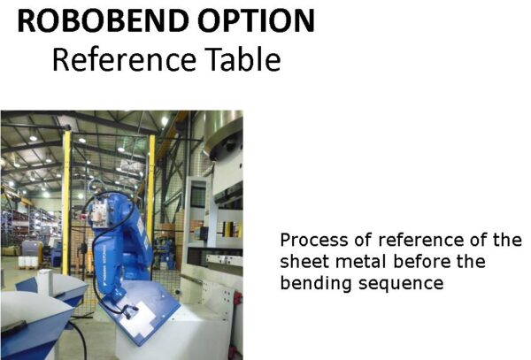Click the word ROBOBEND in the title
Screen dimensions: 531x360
(x=103, y=20)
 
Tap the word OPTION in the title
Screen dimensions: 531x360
(x=257, y=20)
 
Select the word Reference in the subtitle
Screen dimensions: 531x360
(x=124, y=59)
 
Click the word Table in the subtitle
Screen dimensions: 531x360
(x=244, y=59)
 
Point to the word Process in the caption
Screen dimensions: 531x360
(x=314, y=241)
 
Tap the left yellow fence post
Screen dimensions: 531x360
(x=66, y=203)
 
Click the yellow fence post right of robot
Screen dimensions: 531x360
(x=151, y=189)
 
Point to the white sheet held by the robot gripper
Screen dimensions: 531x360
(x=138, y=318)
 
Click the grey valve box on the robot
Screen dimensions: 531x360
(x=100, y=212)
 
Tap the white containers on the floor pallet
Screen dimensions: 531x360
(x=27, y=262)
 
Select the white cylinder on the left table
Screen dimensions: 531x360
(x=45, y=283)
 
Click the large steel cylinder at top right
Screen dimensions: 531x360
(x=224, y=134)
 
